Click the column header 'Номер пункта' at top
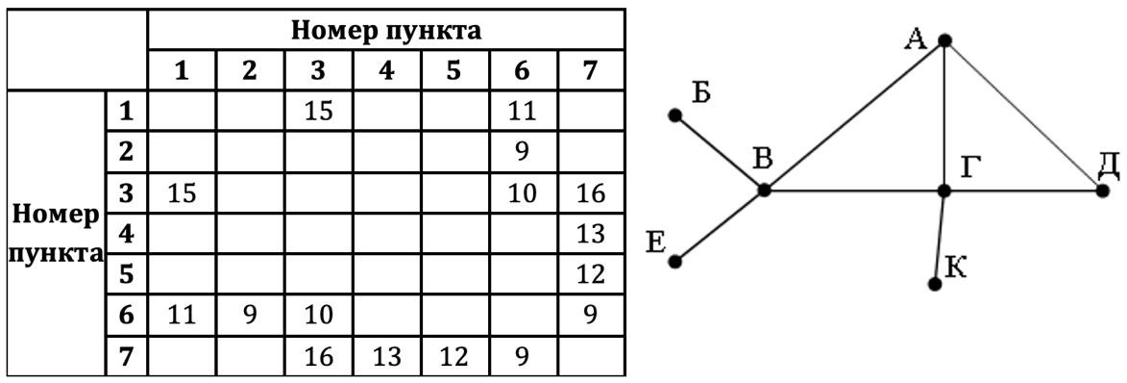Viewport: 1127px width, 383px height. tap(386, 31)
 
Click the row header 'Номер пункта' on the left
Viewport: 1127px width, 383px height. tap(54, 233)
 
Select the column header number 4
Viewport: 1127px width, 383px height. tap(386, 71)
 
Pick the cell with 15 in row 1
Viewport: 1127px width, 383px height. tap(318, 111)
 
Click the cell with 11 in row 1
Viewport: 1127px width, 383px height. tap(522, 111)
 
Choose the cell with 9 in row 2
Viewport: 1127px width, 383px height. tap(522, 151)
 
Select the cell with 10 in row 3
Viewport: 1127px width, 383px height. tap(522, 192)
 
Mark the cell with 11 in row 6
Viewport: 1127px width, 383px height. tap(181, 315)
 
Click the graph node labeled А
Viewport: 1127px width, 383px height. tap(944, 40)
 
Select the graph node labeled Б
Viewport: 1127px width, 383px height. tap(674, 115)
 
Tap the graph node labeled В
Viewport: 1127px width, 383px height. tap(764, 191)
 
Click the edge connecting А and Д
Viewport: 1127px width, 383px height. tap(1024, 115)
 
